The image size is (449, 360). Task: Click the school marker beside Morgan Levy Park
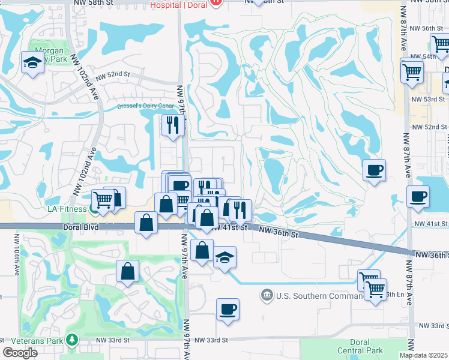click(x=31, y=62)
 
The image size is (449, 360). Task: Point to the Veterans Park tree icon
click(x=73, y=340)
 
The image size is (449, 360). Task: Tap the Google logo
click(x=20, y=352)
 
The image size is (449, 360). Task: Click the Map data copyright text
click(x=424, y=355)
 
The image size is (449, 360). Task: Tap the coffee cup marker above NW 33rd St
click(x=228, y=310)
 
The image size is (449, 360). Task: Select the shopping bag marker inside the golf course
click(x=128, y=271)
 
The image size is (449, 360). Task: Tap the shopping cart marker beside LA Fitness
click(x=103, y=199)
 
